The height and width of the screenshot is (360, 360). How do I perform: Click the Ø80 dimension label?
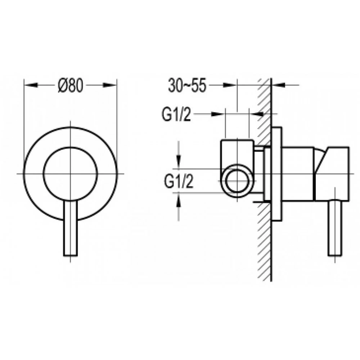click(70, 85)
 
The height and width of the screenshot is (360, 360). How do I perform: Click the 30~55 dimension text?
click(187, 85)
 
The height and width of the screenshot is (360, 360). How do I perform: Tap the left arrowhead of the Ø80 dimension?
click(31, 85)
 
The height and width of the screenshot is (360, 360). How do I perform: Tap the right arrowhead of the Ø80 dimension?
click(110, 85)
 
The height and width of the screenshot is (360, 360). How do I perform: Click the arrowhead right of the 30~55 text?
click(230, 85)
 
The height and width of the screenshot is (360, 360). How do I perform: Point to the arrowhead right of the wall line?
click(278, 85)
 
